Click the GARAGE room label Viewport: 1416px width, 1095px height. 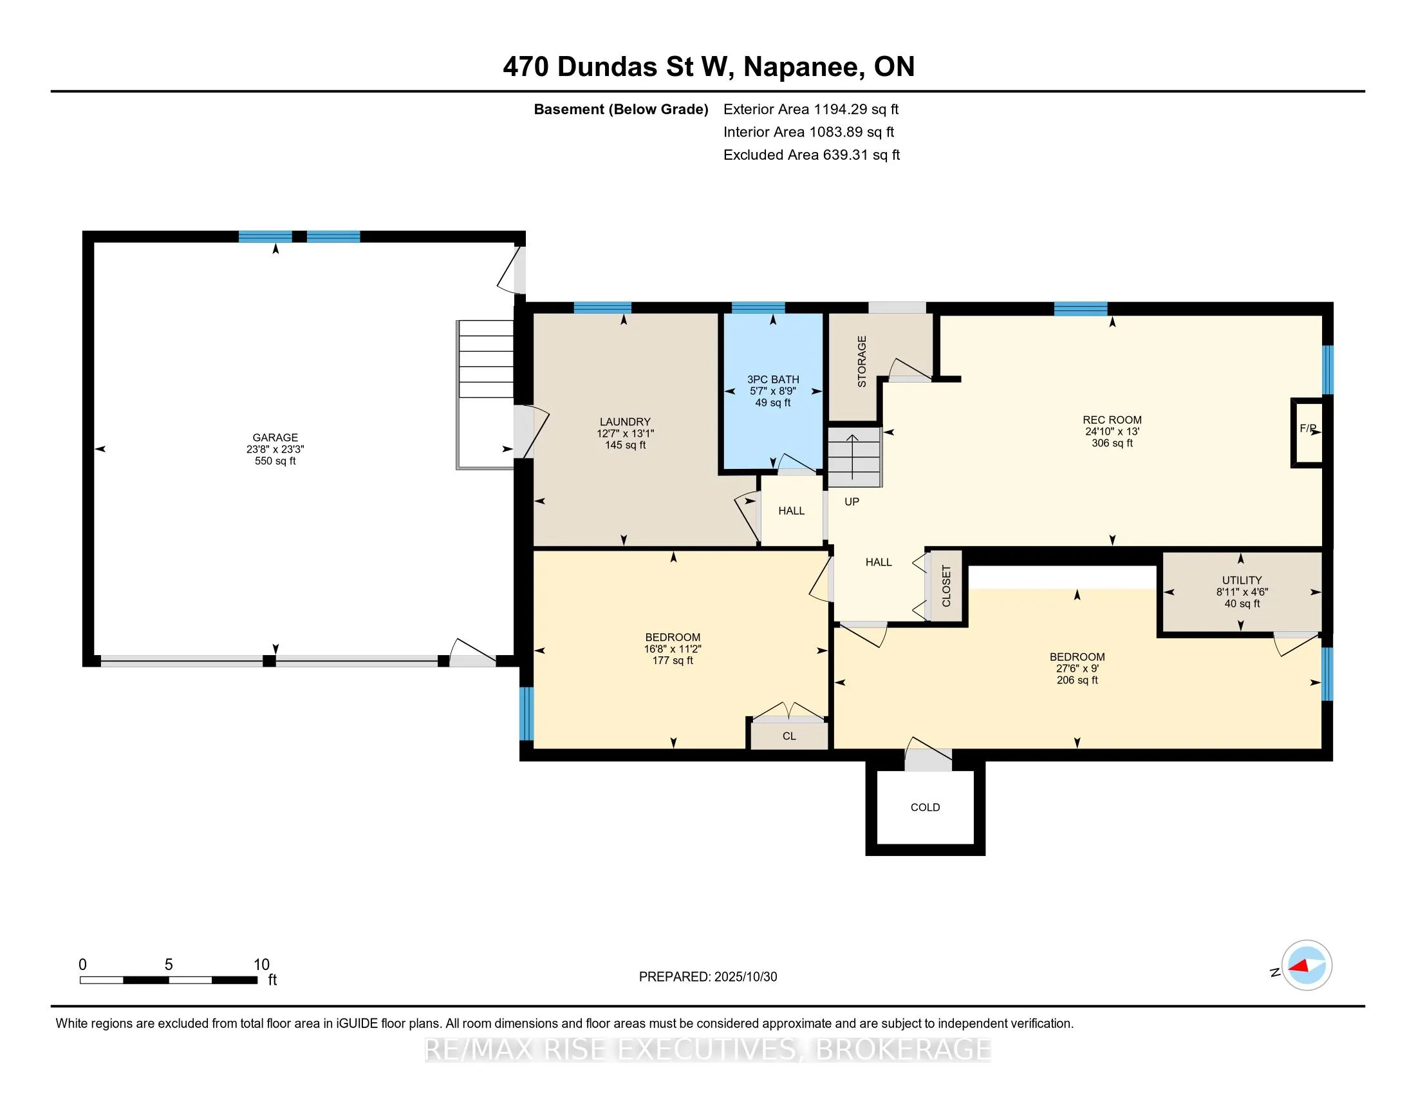[275, 437]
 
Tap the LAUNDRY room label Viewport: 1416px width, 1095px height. [624, 422]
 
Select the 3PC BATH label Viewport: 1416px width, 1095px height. [773, 379]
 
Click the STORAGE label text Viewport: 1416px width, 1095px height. [862, 361]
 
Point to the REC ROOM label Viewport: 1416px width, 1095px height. [1112, 420]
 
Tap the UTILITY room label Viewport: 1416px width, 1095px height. [1242, 580]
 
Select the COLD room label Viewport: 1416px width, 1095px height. [924, 807]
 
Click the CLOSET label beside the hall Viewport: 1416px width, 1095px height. [946, 586]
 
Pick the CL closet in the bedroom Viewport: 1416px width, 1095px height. [789, 736]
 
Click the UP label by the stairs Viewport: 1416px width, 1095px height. [852, 501]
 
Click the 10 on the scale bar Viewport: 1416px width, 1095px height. [261, 965]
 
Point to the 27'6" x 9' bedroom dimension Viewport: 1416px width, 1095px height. [1077, 668]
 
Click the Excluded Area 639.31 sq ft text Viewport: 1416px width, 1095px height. [811, 155]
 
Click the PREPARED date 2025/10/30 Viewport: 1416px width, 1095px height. [707, 976]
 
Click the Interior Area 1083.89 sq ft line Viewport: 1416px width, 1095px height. [808, 132]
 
